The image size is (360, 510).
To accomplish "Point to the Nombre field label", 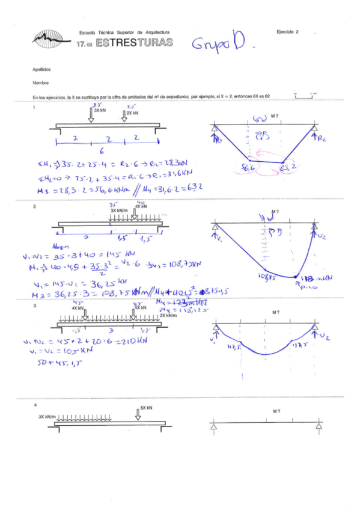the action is click(x=40, y=83).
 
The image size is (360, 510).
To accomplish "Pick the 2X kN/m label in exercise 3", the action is click(x=169, y=315).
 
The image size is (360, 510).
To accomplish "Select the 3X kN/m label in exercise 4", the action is click(x=43, y=416).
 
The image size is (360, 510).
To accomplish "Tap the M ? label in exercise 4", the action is click(x=276, y=411).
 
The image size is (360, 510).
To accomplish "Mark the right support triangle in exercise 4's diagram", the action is click(x=319, y=426).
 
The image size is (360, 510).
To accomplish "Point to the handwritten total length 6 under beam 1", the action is click(x=102, y=151).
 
